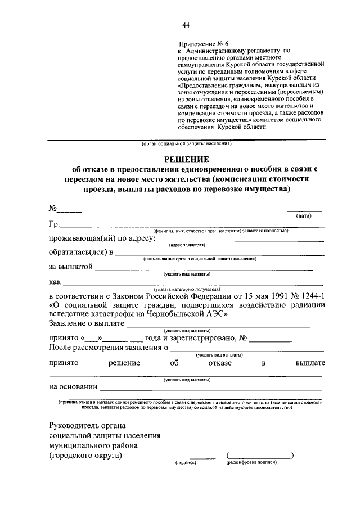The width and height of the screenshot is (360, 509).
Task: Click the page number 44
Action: tap(186, 24)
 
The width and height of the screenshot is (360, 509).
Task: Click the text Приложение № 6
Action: tap(204, 43)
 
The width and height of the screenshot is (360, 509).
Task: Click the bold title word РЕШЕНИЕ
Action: tap(186, 160)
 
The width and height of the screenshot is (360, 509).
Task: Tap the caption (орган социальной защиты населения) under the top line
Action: tap(186, 144)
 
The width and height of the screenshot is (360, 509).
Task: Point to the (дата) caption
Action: tap(304, 215)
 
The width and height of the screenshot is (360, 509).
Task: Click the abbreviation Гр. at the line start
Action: tap(55, 225)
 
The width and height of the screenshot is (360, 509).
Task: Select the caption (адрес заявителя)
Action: tap(186, 245)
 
